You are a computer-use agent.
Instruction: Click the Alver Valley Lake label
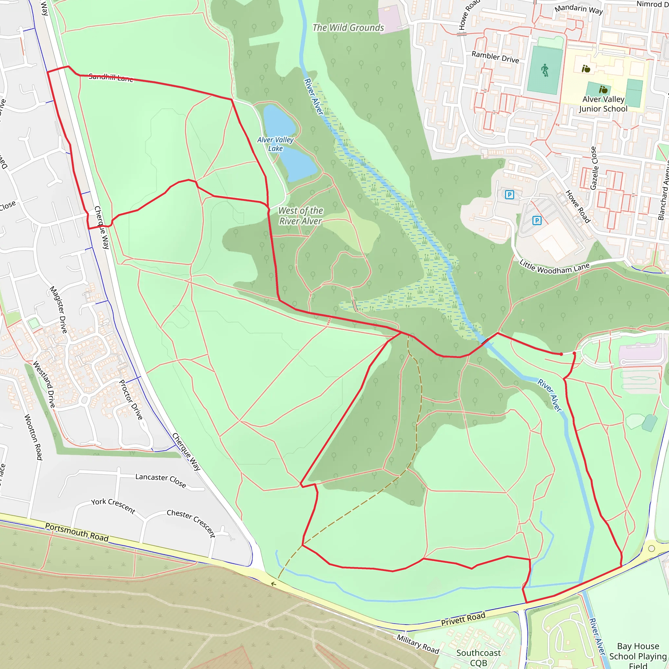[275, 144]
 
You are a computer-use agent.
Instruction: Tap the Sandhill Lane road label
[111, 77]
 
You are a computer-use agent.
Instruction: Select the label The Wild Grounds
[348, 28]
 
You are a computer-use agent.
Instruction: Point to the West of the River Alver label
[301, 216]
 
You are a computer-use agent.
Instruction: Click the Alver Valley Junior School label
[603, 104]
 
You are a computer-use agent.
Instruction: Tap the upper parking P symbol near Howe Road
[509, 195]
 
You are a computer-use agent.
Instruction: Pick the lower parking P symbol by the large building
[537, 220]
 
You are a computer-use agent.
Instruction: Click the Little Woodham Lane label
[554, 268]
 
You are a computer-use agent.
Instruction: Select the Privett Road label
[463, 619]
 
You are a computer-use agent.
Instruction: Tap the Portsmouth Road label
[77, 532]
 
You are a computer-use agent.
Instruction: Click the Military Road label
[417, 644]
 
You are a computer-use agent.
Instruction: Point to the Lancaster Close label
[161, 480]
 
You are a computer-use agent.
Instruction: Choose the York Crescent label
[113, 506]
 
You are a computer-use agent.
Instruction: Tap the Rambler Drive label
[495, 57]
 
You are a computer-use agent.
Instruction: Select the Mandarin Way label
[579, 9]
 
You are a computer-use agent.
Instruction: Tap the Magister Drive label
[58, 310]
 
